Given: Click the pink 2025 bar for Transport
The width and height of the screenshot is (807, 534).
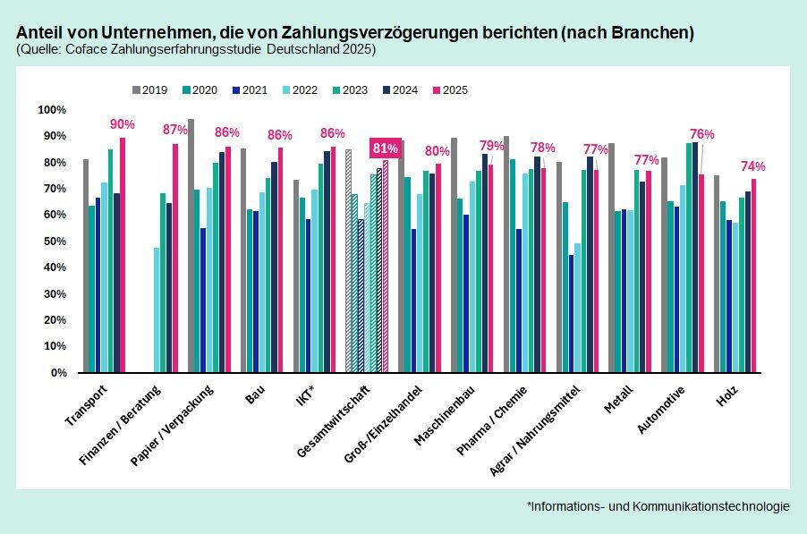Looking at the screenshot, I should tap(122, 255).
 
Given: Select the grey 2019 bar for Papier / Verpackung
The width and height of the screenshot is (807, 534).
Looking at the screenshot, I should tap(191, 246).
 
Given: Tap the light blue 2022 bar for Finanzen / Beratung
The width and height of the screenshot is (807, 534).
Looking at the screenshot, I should tap(157, 309).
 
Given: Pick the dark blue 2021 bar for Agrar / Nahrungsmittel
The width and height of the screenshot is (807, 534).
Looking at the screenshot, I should tap(571, 313).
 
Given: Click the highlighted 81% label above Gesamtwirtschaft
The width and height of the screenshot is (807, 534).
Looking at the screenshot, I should tap(385, 148).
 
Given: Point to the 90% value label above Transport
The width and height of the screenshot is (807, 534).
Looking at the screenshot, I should tap(122, 124).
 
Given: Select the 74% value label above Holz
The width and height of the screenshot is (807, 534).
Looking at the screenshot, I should tap(752, 166).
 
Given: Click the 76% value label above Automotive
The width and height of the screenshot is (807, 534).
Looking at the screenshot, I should tap(701, 134).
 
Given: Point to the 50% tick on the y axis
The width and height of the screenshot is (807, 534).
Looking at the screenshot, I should tap(53, 242).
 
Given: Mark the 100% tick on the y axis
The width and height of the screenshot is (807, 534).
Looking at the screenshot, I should tap(51, 110).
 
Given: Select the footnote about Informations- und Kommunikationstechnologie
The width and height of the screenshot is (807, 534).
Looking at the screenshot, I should tap(658, 506).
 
